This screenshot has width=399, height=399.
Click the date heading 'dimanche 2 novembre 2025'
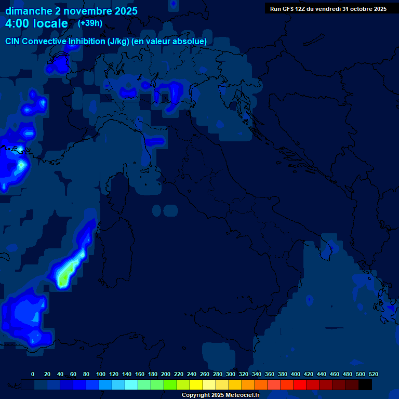click(x=71, y=11)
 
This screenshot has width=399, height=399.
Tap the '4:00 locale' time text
click(x=36, y=23)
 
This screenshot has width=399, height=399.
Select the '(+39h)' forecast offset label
click(x=90, y=23)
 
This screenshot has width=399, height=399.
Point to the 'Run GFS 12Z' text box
click(x=328, y=9)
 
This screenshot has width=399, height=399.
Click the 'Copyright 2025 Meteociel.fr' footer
click(x=220, y=395)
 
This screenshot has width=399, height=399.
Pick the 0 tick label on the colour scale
click(x=33, y=374)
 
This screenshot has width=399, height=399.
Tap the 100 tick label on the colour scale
click(x=101, y=374)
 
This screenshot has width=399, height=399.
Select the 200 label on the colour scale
click(x=166, y=374)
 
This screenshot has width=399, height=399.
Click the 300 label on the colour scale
click(x=231, y=374)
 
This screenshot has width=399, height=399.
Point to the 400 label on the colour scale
click(x=296, y=374)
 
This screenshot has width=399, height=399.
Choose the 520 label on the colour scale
click(x=373, y=374)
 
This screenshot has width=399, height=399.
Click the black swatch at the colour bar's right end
click(x=365, y=385)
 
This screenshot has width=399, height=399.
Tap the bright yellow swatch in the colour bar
click(x=196, y=385)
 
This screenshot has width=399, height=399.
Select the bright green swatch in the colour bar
click(x=170, y=385)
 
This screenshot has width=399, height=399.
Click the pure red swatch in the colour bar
click(x=300, y=385)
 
